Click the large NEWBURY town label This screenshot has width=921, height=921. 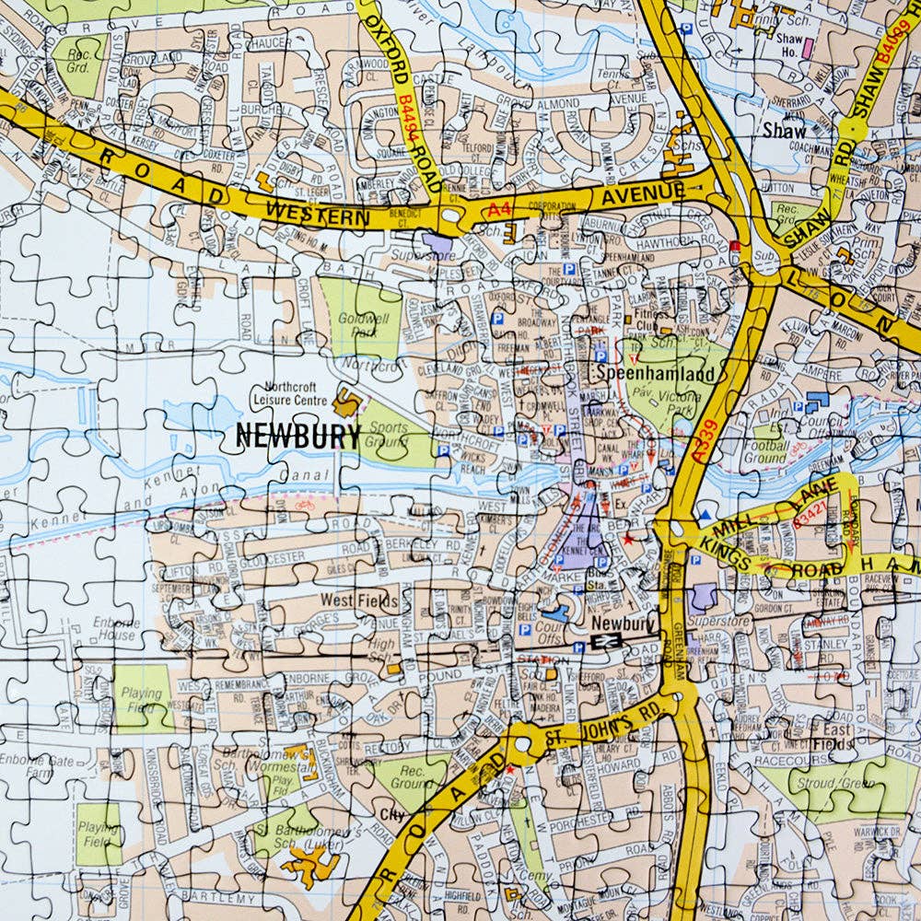click(297, 435)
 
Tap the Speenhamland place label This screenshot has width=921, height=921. click(654, 375)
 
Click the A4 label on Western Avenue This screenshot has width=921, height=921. click(499, 211)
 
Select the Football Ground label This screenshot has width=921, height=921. click(764, 451)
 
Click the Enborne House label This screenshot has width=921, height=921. click(114, 629)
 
